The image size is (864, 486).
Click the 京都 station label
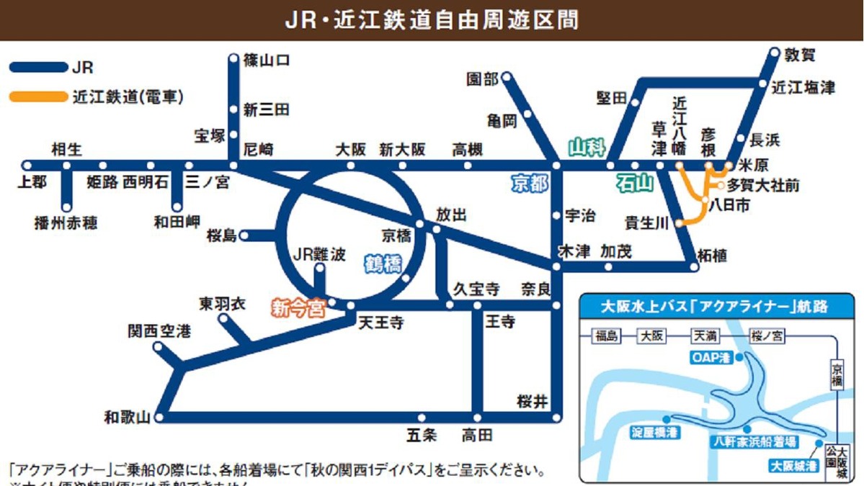pos(530,184)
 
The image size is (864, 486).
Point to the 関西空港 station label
pos(159,331)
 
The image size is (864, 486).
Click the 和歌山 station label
pos(127,417)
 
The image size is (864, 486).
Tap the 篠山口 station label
pos(267,60)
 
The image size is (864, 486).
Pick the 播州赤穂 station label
pos(66,222)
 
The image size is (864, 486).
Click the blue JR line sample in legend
pos(38,68)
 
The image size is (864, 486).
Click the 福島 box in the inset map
pos(607,336)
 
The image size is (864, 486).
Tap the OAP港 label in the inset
pos(711,357)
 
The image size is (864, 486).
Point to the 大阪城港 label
pos(793,465)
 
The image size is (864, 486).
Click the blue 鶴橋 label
pos(383,264)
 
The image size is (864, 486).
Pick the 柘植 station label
pos(713,255)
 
